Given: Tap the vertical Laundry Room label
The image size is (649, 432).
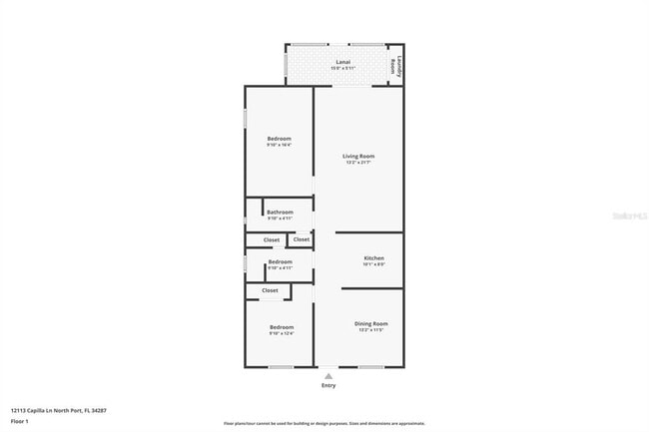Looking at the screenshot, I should click(394, 65).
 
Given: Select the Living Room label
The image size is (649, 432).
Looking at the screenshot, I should click(357, 156).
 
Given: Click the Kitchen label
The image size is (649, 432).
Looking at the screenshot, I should click(372, 257).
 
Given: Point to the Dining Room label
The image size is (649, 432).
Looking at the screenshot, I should click(371, 323).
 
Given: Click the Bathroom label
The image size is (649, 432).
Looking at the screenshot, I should click(280, 212).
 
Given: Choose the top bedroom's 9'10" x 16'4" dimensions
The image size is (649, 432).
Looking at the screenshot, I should click(280, 146).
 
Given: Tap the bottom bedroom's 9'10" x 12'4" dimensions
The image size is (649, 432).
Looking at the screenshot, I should click(280, 334).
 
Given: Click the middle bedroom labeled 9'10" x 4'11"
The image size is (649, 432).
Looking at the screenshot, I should click(280, 264).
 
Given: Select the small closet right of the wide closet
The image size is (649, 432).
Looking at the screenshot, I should click(301, 239).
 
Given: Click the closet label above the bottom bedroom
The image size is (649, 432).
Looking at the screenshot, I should click(271, 290).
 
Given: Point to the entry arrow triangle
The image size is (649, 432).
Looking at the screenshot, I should click(328, 375).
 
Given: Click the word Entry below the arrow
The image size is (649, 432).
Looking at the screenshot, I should click(328, 385).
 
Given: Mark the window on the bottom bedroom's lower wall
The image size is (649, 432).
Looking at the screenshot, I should click(281, 367).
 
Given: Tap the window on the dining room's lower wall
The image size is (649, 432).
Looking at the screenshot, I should click(371, 367).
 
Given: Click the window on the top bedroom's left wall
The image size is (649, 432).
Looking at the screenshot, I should click(246, 114).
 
